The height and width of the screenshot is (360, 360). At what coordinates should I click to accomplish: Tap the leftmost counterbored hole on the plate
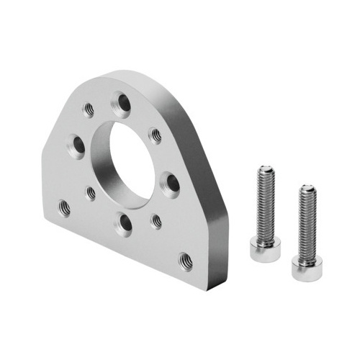tap(76, 146)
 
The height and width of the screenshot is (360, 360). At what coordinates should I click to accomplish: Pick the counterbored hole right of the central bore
tap(171, 184)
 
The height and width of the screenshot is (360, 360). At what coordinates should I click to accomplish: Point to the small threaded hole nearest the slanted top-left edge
tap(89, 109)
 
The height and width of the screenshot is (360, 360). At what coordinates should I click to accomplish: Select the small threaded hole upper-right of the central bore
tap(155, 135)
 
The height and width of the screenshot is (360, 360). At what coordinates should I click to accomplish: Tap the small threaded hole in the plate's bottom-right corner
tap(185, 259)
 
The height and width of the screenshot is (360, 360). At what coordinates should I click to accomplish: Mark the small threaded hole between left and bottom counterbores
tap(91, 193)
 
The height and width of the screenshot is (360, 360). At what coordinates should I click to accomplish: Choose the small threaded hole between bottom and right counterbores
tap(156, 221)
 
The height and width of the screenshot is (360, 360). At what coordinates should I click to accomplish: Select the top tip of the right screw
tap(308, 189)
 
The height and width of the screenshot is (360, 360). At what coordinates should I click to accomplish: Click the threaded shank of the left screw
tap(264, 205)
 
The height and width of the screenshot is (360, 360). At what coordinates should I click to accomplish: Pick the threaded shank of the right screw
tap(307, 223)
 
